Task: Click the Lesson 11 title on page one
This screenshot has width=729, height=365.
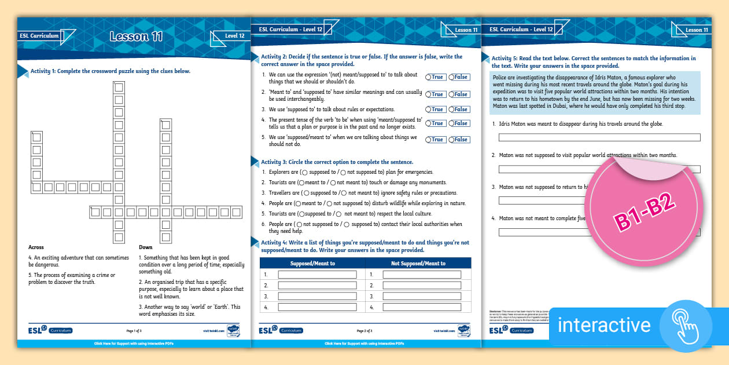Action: (x=136, y=37)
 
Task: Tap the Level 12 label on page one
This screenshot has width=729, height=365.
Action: (x=234, y=36)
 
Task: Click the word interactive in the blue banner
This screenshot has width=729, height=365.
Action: (x=604, y=324)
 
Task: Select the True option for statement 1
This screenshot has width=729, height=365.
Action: (x=435, y=77)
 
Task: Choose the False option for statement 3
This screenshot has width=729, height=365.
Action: (x=458, y=110)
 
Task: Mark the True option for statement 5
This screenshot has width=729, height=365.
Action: (x=435, y=140)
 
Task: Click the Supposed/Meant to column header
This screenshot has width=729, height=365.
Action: (x=312, y=263)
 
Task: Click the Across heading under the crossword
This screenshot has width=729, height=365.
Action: (x=36, y=247)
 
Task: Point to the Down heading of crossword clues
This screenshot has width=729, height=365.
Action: (x=146, y=247)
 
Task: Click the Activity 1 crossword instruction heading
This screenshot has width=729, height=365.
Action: (x=111, y=71)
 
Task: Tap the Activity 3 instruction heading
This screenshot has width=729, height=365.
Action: (x=337, y=162)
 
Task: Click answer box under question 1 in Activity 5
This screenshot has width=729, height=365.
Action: (x=599, y=138)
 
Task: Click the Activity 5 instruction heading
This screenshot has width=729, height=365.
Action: (x=593, y=62)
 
